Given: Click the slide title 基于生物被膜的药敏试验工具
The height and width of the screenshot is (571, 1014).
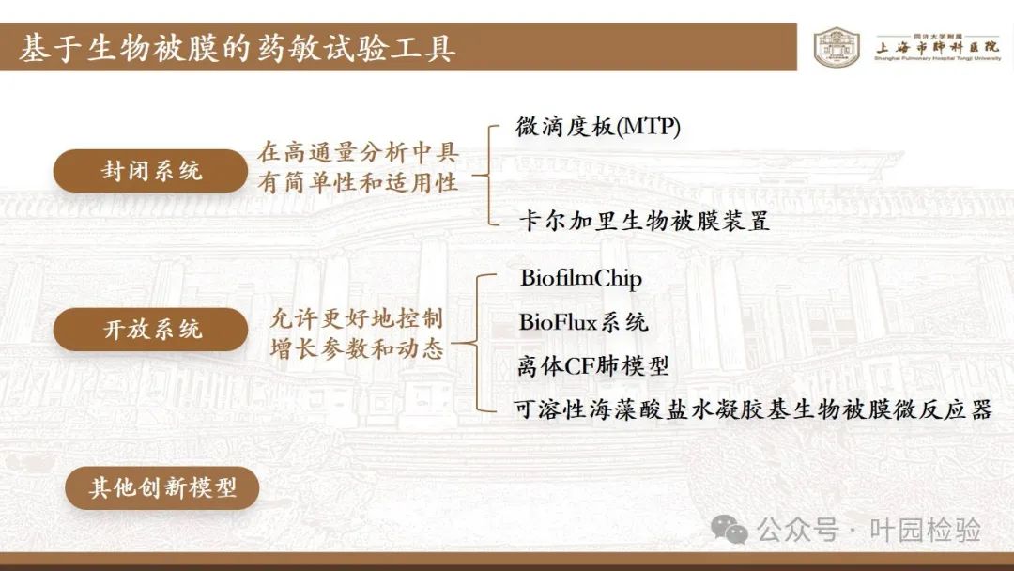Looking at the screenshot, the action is tap(238, 49).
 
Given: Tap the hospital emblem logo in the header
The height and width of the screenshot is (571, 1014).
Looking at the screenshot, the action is tap(837, 47).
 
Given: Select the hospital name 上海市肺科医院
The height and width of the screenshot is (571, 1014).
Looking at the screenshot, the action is tap(937, 47).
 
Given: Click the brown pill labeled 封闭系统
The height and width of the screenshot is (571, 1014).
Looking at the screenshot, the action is tap(150, 171).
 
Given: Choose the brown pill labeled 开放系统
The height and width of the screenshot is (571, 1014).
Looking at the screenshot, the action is tap(150, 329).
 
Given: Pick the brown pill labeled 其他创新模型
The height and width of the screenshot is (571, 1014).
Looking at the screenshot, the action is tap(162, 486).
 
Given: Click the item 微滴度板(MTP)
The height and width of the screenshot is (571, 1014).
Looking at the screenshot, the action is tap(597, 127).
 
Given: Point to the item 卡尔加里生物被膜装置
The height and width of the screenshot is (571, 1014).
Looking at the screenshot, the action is tap(644, 221).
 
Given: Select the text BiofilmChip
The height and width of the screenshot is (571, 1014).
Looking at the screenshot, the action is tap(581, 278).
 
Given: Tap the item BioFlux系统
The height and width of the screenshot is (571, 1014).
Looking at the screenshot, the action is tap(583, 322).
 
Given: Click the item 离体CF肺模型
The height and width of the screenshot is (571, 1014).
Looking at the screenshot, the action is tap(593, 366).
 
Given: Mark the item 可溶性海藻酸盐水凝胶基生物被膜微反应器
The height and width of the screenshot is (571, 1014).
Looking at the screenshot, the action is tap(753, 409).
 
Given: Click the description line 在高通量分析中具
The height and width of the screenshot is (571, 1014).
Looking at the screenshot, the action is tap(359, 153).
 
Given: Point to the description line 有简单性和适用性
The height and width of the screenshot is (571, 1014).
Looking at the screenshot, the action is tap(359, 183).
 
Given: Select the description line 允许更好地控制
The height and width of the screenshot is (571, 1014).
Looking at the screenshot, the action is tap(357, 318).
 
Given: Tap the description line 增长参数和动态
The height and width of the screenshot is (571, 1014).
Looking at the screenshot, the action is tap(357, 349).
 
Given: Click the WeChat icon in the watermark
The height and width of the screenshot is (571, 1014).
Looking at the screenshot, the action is tap(729, 530).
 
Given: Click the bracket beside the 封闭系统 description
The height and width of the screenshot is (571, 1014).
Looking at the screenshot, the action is tap(488, 176).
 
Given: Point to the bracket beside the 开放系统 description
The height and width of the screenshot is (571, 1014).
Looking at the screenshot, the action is tap(478, 343).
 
